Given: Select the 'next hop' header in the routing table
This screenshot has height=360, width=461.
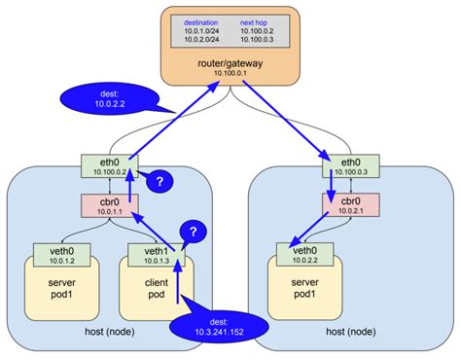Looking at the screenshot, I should click(256, 21).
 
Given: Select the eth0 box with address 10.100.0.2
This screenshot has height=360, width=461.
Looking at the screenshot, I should click(109, 164).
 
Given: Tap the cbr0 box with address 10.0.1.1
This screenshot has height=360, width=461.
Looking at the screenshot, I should click(109, 207).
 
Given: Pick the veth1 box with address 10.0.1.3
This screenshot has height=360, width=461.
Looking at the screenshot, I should click(156, 255).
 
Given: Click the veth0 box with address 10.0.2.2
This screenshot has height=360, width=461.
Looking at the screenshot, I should click(302, 255).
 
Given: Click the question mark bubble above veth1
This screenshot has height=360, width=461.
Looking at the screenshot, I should click(194, 232).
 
